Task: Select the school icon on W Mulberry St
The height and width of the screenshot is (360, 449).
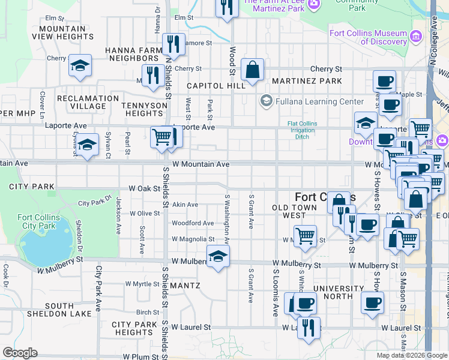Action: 218,257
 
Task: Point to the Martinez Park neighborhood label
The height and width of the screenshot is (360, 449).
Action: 307,81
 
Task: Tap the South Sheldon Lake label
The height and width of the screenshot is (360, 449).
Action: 59,310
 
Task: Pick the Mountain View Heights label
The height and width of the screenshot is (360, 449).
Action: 66,32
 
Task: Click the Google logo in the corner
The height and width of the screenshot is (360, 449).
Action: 19,353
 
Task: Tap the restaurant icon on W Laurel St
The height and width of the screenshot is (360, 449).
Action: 309,328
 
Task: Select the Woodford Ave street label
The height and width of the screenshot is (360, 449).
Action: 193,223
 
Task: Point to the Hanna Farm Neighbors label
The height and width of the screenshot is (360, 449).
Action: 131,54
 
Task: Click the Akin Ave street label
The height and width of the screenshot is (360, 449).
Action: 185,205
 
